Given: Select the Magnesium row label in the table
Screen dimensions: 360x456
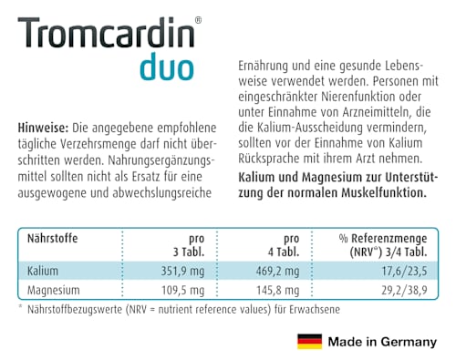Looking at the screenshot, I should click(53, 291).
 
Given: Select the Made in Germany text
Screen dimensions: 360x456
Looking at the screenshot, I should click(381, 343).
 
